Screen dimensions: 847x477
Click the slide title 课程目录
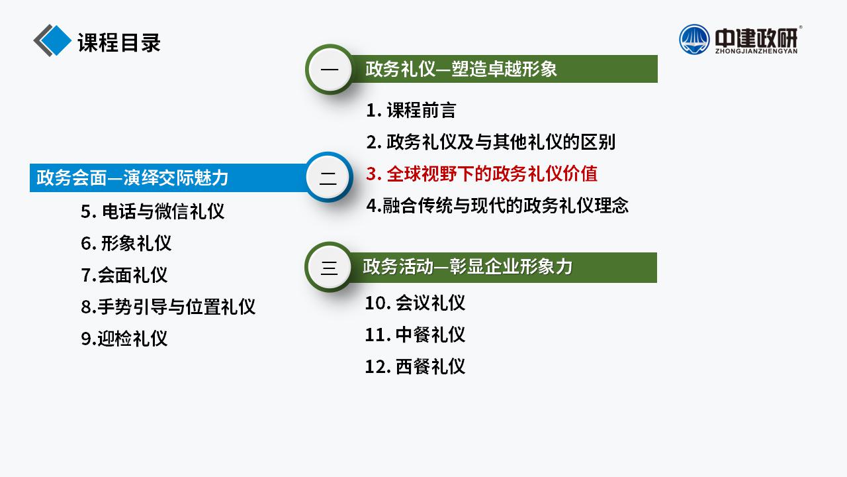click(119, 42)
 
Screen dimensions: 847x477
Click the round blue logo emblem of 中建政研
click(694, 39)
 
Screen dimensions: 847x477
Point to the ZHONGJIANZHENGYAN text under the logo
click(756, 51)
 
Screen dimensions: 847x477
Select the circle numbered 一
click(330, 70)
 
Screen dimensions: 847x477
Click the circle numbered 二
click(329, 177)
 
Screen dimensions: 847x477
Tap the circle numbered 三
click(329, 267)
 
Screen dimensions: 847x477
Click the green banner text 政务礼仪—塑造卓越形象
click(461, 69)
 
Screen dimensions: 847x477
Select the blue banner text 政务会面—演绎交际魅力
click(132, 178)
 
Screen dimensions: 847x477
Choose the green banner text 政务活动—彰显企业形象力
click(467, 266)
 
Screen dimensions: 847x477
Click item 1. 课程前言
click(411, 110)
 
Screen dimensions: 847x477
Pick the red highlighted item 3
click(482, 174)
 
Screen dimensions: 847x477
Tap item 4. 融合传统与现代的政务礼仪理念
click(497, 205)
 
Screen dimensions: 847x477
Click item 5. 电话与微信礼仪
click(152, 211)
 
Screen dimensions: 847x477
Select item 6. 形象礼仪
click(126, 243)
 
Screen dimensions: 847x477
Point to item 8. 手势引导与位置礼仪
click(168, 307)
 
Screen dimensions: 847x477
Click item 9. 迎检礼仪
click(124, 339)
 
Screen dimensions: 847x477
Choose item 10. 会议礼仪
click(415, 303)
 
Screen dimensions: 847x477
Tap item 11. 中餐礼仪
click(415, 335)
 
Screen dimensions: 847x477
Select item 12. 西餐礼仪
click(415, 366)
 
